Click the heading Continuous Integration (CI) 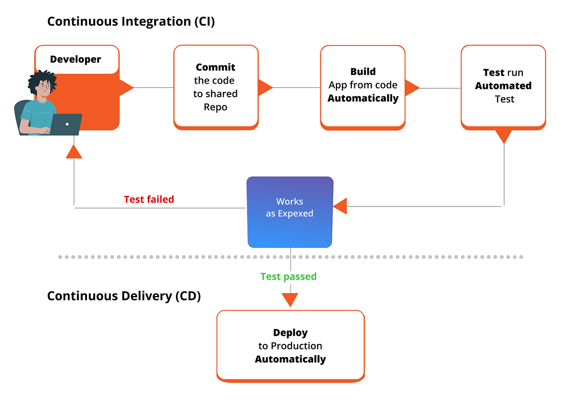click(x=131, y=22)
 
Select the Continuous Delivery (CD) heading click(x=124, y=296)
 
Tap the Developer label click(x=75, y=59)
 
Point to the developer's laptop click(x=65, y=124)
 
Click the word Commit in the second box click(x=216, y=67)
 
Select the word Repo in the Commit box click(x=216, y=107)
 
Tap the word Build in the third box click(x=363, y=72)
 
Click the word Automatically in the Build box click(x=363, y=98)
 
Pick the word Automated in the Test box click(x=503, y=86)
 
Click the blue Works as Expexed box click(x=290, y=212)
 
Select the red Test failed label click(x=149, y=199)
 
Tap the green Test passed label click(x=289, y=276)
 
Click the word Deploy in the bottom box click(x=290, y=333)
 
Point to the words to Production click(x=290, y=346)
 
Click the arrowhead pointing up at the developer click(x=74, y=152)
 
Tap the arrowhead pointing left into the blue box click(x=340, y=206)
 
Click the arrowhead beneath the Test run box click(x=504, y=136)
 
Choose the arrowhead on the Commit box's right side click(x=264, y=88)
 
